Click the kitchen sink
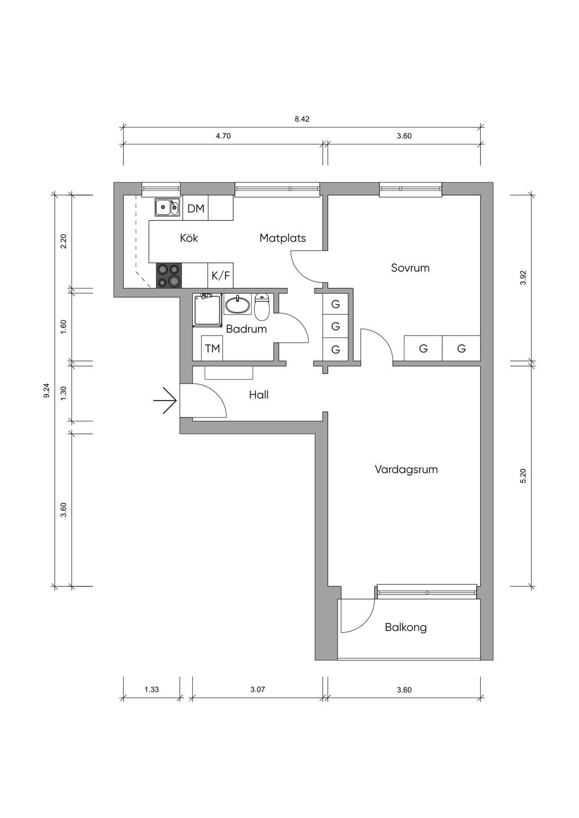pos(167,208)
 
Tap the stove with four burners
pos(169,275)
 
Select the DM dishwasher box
pos(196,208)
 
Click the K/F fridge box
pos(221,275)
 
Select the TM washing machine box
pos(213,349)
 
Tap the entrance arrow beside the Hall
pos(165,401)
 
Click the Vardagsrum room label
pos(406,469)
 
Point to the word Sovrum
pos(410,268)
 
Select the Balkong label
pos(406,628)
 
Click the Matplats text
pos(283,238)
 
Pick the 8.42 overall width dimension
pos(303,119)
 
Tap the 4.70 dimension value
pos(223,136)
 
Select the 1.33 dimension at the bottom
pos(152,689)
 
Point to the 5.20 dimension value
pos(523,476)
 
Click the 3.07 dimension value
pos(258,689)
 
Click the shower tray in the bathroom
pos(208,310)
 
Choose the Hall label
pos(259,394)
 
